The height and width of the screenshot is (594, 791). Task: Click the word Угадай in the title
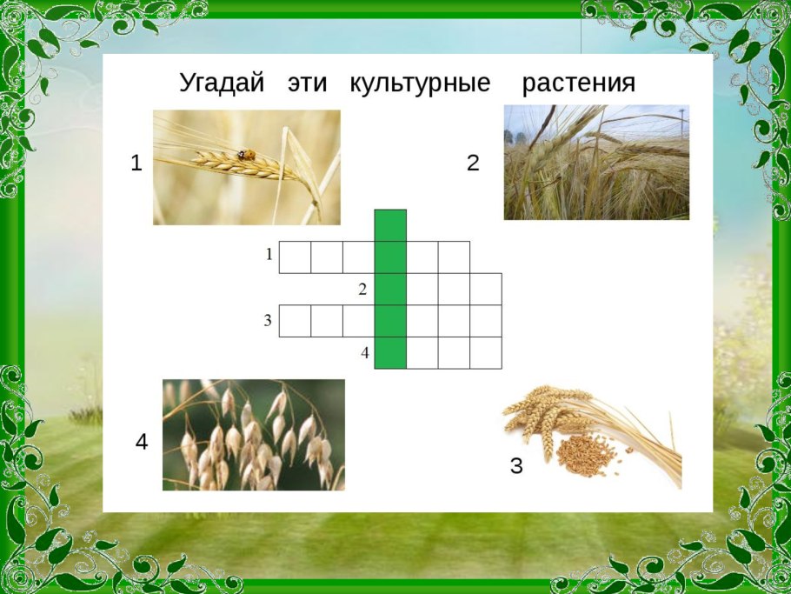point(221,83)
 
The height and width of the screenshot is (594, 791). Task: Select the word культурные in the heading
point(420,83)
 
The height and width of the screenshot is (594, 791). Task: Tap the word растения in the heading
point(578,83)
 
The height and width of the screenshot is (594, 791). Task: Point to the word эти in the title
point(307,83)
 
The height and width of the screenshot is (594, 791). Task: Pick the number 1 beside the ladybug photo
point(136,163)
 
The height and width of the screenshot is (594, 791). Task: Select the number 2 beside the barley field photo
point(473,163)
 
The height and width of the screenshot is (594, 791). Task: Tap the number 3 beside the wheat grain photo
point(516,466)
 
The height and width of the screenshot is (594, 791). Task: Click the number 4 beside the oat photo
point(142,443)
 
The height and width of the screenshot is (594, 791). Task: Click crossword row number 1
point(269,254)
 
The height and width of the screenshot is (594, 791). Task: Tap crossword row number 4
point(366,352)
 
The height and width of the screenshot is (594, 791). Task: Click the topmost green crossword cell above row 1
point(390,225)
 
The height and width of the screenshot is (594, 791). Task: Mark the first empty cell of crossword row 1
point(295,257)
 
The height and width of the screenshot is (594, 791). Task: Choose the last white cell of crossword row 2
point(486,289)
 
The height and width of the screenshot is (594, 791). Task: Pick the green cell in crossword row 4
point(390,352)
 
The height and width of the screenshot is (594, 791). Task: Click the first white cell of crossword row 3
point(295,321)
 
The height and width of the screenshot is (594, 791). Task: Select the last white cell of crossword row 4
point(486,352)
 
